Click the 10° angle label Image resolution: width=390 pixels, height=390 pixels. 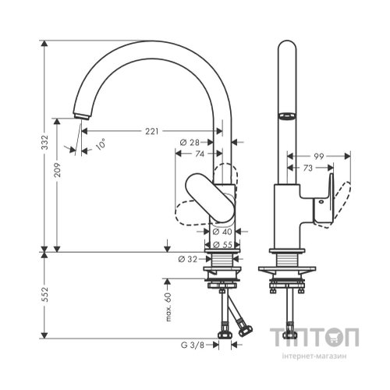pos(101,144)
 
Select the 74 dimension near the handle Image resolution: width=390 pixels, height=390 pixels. pos(200,154)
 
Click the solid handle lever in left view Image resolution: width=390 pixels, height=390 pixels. pos(210,200)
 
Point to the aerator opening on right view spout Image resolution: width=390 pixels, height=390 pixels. pos(287,116)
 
